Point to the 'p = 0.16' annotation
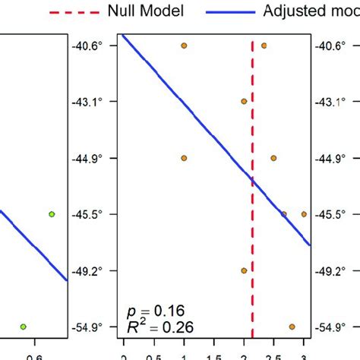(x=154, y=311)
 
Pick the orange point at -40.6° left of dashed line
(x=184, y=46)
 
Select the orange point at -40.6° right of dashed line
(x=264, y=46)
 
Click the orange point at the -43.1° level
(x=244, y=101)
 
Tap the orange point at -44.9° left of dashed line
(x=184, y=158)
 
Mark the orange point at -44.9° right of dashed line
(x=273, y=158)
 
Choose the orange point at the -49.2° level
(x=244, y=270)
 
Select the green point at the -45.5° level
(x=52, y=214)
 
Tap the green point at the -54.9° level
(x=23, y=327)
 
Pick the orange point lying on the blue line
(x=283, y=214)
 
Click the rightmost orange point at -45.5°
(x=304, y=214)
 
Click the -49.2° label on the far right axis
(x=334, y=270)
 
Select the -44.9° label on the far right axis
(x=334, y=158)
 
